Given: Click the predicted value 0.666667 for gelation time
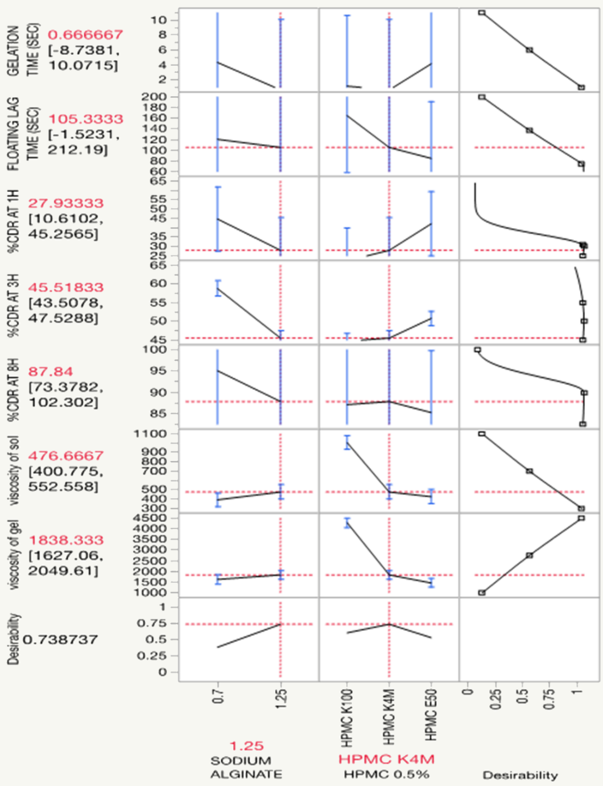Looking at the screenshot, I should coord(85,35).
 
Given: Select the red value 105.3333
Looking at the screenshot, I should coord(86,119).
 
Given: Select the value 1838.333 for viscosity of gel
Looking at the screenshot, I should coord(66,540).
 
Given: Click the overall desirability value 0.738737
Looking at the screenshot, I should coord(60,640).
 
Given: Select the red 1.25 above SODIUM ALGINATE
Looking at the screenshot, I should coord(246,746).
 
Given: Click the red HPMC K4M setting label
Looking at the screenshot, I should coord(386,759).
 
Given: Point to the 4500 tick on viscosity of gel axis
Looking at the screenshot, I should coord(161,518).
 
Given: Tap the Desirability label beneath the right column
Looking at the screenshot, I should coord(520,775).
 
